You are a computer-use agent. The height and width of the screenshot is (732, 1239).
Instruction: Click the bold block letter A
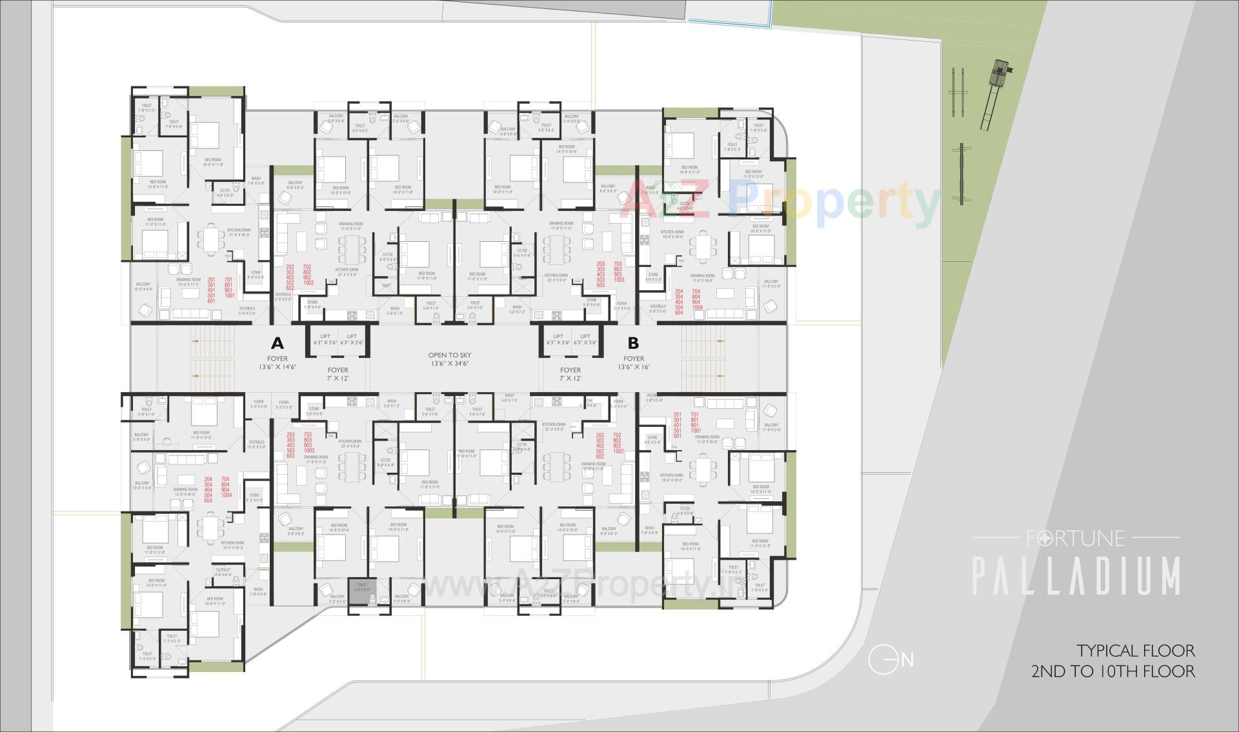(277, 342)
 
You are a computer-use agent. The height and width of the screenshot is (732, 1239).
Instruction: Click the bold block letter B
(634, 342)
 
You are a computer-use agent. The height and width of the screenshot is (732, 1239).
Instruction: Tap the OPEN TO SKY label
(450, 355)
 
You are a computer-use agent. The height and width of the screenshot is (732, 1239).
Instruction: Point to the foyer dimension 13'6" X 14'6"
(277, 367)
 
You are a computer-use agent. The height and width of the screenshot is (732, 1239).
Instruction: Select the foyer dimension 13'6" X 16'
(634, 367)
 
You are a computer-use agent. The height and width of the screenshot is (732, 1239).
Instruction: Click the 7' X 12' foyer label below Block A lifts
(337, 378)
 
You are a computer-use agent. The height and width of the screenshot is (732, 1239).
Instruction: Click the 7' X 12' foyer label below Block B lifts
(570, 378)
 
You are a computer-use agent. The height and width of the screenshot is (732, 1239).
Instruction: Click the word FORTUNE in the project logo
(1075, 537)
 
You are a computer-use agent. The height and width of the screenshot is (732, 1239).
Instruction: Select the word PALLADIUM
(1076, 576)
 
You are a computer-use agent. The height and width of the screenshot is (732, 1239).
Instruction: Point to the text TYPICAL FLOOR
(1135, 650)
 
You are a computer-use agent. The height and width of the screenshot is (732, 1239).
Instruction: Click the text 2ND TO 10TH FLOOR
(1113, 671)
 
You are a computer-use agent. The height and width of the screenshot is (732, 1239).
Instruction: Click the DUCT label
(387, 285)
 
